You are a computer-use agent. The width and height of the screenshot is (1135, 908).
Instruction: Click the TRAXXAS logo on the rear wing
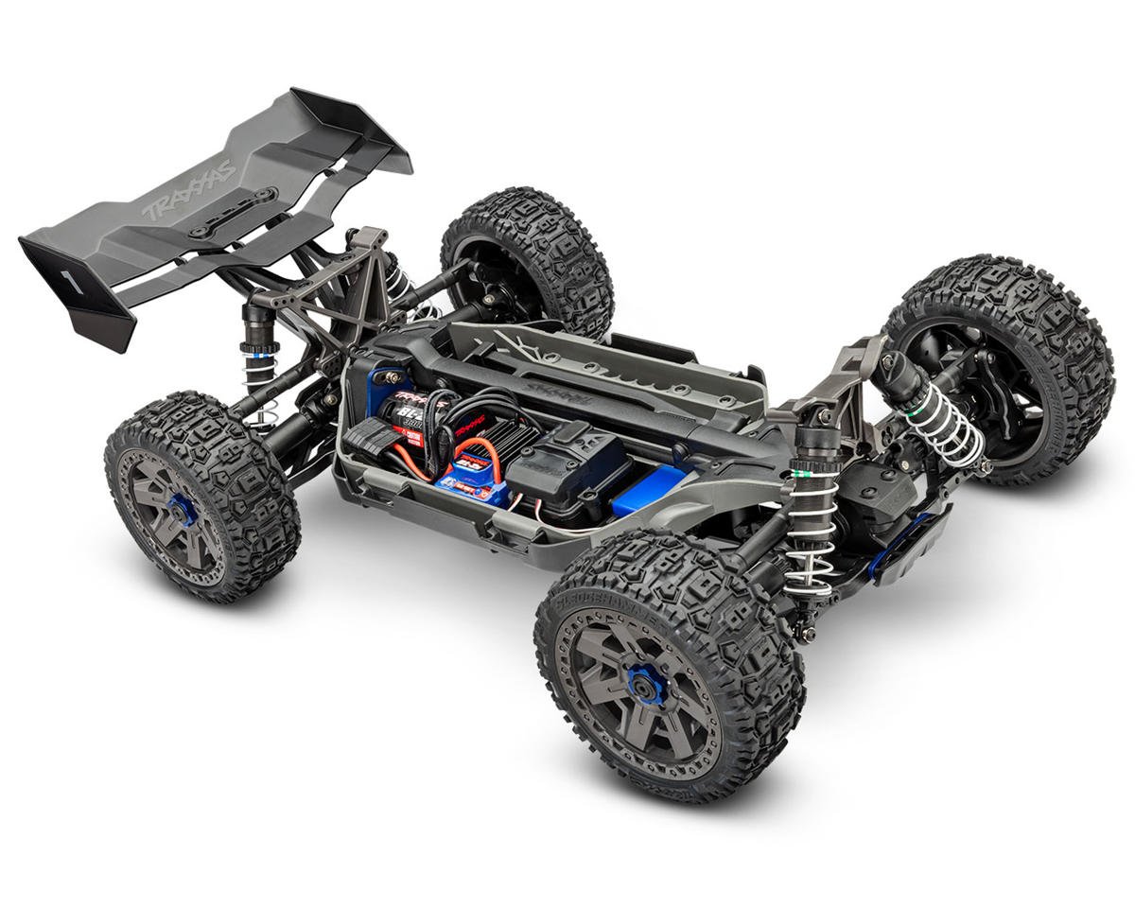click(189, 192)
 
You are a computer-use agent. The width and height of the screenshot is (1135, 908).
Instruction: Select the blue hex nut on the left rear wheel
click(183, 512)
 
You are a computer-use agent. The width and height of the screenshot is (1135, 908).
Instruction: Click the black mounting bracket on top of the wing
click(232, 213)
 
